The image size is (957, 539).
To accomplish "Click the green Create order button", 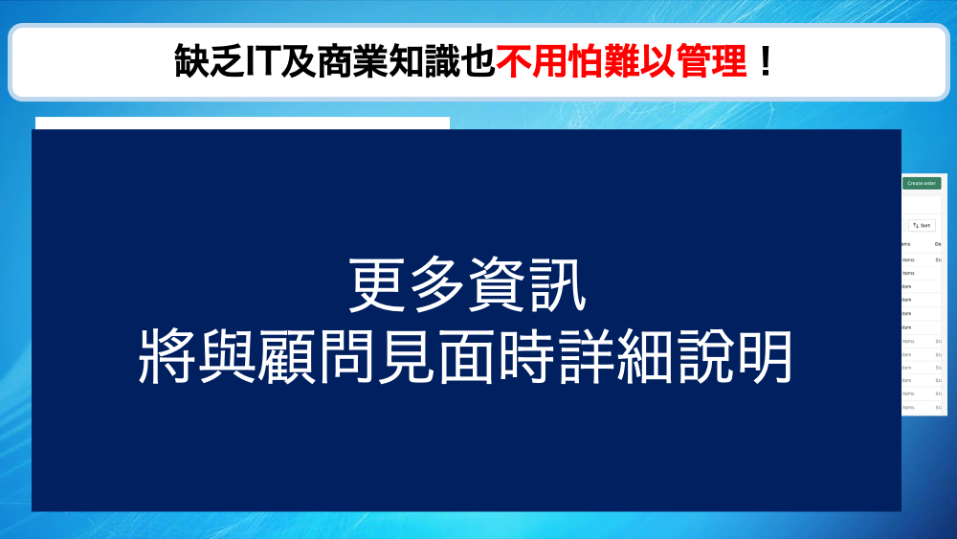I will click(922, 183).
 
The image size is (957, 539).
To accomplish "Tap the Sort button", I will click(922, 225).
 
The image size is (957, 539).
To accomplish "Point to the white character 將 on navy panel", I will click(167, 356).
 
